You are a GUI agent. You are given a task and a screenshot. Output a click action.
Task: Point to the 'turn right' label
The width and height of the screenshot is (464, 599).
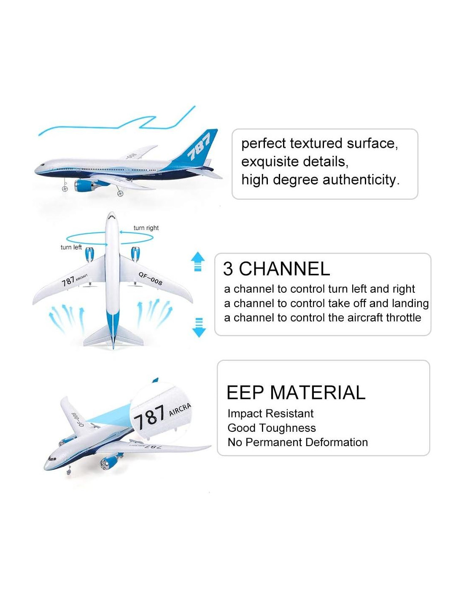tap(146, 228)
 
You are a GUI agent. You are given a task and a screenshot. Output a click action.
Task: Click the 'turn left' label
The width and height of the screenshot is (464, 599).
tap(71, 247)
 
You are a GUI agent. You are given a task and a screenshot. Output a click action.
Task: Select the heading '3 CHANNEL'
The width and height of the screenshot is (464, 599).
tap(276, 269)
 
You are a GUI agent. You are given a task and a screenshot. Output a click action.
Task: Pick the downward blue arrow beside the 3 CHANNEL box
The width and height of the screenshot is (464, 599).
tap(199, 327)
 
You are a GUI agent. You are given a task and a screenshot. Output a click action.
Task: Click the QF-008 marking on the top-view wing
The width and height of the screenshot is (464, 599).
tap(151, 278)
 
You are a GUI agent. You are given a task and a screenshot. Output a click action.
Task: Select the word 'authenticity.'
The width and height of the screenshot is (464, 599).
tap(361, 180)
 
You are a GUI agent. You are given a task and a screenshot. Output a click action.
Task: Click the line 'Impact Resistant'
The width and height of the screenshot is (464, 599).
tap(270, 414)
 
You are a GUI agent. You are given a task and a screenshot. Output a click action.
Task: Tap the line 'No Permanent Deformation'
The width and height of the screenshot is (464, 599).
tap(297, 442)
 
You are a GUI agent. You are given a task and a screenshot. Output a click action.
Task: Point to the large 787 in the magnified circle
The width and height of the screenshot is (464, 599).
tap(149, 417)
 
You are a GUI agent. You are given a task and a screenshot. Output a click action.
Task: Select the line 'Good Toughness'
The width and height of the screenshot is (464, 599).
tap(272, 428)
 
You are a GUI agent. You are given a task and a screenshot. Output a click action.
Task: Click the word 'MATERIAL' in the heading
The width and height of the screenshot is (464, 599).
tap(318, 392)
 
